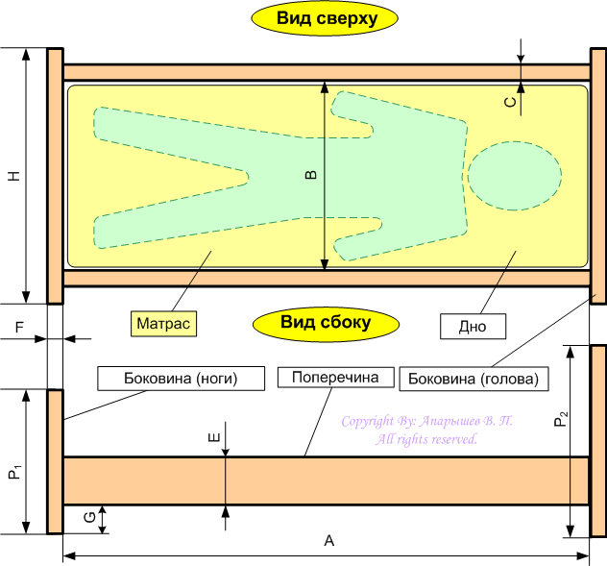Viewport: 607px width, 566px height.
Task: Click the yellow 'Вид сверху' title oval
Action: tap(325, 19)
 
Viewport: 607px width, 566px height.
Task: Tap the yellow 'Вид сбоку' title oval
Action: tap(325, 323)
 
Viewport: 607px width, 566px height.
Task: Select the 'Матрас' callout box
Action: tap(162, 323)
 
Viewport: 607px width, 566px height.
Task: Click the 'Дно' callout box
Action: tap(472, 327)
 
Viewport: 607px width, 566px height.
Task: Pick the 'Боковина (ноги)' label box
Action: tap(181, 378)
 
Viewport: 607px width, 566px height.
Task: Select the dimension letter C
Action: tap(511, 99)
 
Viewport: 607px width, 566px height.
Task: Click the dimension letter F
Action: tap(19, 328)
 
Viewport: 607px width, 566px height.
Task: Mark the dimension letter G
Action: tap(89, 519)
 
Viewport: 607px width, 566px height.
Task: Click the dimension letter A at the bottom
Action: tap(328, 542)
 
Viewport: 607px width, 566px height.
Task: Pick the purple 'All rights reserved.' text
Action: tap(426, 439)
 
